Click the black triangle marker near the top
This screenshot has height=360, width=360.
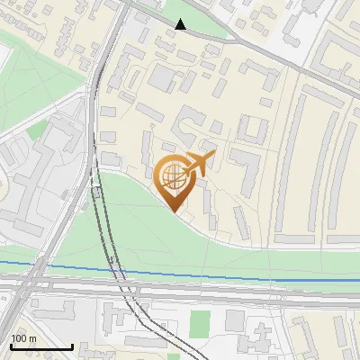click(181, 24)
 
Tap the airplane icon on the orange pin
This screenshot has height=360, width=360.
click(199, 164)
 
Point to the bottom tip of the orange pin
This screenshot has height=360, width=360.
click(174, 211)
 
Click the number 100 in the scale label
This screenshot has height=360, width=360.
click(18, 338)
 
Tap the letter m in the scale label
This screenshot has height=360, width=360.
click(32, 338)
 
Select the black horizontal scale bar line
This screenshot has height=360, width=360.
click(41, 346)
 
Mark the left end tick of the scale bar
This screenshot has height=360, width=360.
click(11, 345)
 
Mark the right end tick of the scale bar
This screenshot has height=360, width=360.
click(72, 345)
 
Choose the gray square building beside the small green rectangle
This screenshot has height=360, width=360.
click(235, 319)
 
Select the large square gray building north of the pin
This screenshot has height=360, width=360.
click(163, 76)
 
